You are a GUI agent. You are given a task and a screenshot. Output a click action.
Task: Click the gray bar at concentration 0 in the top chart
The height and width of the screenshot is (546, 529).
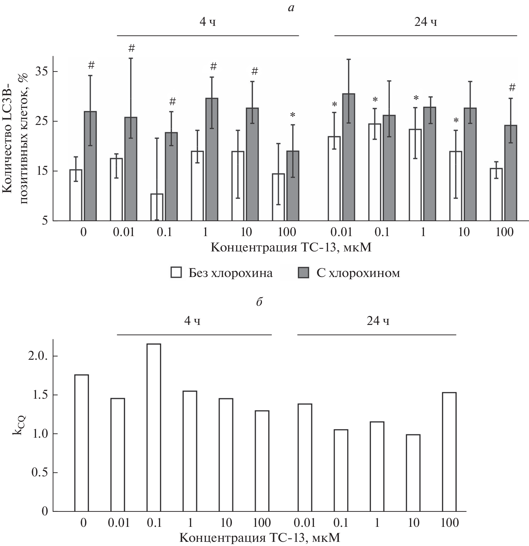click(90, 166)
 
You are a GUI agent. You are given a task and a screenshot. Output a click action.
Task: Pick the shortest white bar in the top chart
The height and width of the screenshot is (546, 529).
click(157, 207)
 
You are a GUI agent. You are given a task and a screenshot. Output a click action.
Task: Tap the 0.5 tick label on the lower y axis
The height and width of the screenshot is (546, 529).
click(40, 473)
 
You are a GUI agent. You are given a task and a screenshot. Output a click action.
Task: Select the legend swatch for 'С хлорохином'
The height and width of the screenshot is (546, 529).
click(303, 273)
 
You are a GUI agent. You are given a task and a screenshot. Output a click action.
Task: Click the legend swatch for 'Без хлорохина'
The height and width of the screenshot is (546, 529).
click(176, 273)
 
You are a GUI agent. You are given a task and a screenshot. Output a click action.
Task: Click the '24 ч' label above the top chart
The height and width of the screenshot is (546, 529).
click(425, 22)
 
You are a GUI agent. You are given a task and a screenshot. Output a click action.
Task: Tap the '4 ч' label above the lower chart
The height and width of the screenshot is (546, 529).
click(192, 321)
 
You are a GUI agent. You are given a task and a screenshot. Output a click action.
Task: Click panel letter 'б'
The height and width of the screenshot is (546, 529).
click(259, 302)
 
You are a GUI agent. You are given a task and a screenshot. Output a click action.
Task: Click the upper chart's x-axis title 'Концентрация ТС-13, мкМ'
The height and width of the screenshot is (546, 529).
click(291, 248)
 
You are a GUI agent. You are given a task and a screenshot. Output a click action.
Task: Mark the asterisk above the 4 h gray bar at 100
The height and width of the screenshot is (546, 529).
click(292, 115)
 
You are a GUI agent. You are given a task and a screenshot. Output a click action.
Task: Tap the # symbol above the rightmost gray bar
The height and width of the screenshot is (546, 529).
click(512, 87)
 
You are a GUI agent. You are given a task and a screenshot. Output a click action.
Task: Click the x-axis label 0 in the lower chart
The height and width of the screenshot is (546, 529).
click(83, 523)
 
